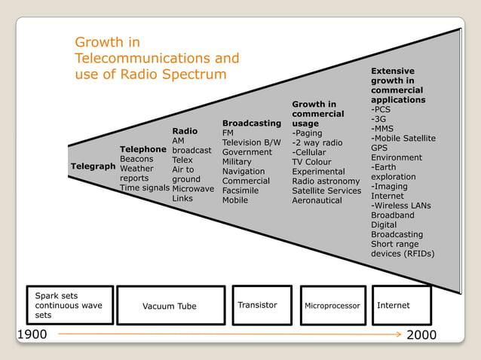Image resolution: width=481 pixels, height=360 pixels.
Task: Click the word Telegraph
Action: [93, 166]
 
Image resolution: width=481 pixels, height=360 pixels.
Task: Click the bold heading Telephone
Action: [142, 149]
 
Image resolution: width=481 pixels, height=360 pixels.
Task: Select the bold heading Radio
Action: [185, 131]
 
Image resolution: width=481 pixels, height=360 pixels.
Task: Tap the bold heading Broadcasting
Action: [251, 123]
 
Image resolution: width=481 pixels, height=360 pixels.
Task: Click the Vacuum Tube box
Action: [170, 306]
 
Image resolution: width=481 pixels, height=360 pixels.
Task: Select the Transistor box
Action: [261, 305]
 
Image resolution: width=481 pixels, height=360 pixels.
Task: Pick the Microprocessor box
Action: [332, 306]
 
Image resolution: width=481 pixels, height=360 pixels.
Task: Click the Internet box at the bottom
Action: [401, 305]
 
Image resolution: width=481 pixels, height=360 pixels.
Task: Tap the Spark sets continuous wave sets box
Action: [70, 305]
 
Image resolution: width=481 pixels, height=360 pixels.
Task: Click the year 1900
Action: [32, 334]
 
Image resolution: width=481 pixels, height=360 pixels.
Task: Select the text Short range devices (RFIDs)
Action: [403, 249]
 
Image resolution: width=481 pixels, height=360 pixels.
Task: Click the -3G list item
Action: [379, 119]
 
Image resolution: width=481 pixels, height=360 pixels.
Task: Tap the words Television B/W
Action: [251, 142]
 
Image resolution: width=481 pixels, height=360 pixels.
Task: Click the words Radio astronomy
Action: [326, 181]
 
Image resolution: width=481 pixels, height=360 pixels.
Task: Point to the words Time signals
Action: [144, 188]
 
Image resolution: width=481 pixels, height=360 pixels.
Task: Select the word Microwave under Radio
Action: [193, 188]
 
